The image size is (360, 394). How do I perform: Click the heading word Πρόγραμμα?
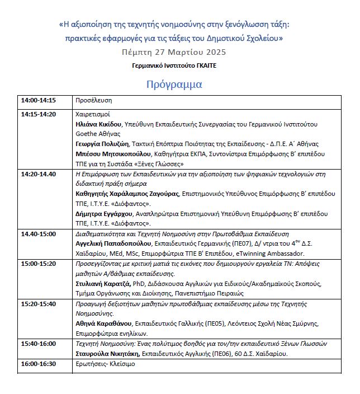(174, 85)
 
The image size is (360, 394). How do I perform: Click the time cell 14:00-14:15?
(39, 101)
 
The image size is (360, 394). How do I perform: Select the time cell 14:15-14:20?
(39, 114)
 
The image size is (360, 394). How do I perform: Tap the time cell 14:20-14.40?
(39, 174)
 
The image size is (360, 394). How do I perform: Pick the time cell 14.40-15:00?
(39, 233)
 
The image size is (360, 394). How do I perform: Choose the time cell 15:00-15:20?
(39, 263)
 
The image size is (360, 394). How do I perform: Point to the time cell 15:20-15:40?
(39, 303)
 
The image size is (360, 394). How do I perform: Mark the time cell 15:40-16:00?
(39, 343)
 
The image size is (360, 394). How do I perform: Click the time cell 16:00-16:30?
(39, 363)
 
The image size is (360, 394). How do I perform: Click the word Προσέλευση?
(94, 101)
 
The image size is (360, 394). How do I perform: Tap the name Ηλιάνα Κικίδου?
(98, 124)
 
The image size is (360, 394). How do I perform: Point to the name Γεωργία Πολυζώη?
(101, 144)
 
